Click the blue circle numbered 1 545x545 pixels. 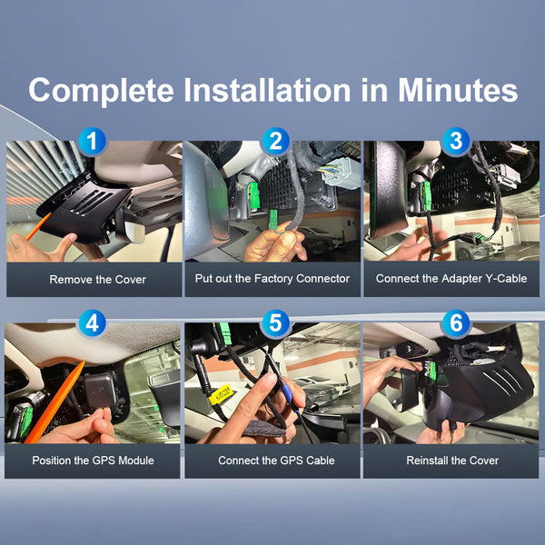click(92, 142)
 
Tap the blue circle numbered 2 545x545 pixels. click(275, 142)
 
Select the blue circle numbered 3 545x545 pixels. click(456, 142)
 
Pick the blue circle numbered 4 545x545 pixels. click(92, 323)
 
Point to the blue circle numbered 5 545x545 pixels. click(275, 323)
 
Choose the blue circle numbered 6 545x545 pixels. click(456, 323)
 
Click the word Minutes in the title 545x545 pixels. click(458, 90)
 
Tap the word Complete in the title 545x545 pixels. click(101, 91)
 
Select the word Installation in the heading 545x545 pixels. click(267, 90)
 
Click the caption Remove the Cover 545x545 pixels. click(98, 280)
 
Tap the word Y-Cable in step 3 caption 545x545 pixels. click(507, 279)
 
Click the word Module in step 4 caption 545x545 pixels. click(136, 461)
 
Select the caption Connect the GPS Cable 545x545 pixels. click(276, 461)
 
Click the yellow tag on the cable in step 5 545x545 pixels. click(220, 394)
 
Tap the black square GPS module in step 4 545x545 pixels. click(99, 391)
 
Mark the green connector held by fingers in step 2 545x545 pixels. click(273, 220)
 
